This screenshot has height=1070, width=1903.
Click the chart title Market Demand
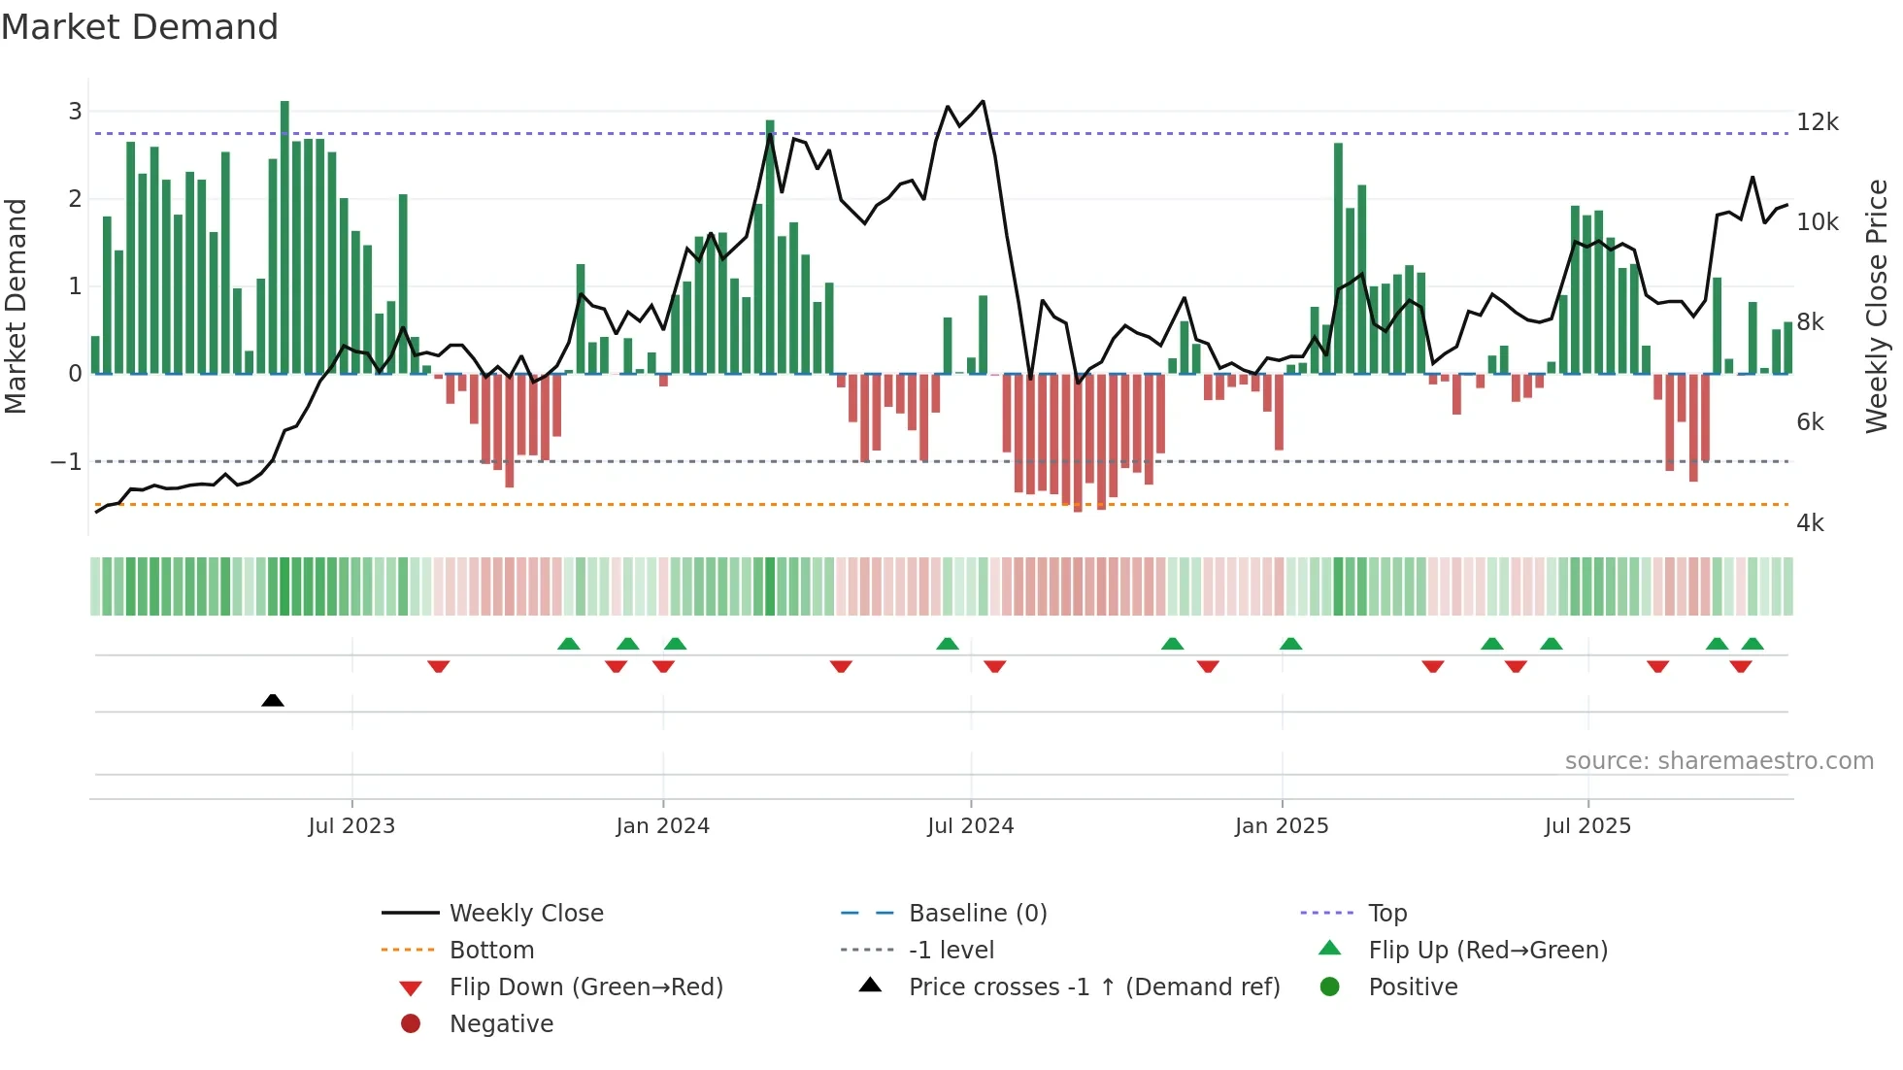140,27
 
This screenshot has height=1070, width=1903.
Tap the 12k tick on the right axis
1817,122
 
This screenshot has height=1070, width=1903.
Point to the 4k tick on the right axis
1810,523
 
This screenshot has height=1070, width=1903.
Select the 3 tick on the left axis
75,112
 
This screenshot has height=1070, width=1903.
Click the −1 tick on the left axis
67,462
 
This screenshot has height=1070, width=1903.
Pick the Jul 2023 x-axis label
351,826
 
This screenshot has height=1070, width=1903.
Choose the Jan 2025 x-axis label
1281,826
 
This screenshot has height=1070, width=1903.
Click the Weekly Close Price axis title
1877,306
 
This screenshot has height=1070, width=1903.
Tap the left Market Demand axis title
17,306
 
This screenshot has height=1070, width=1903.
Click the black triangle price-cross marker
273,700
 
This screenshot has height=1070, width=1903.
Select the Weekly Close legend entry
525,914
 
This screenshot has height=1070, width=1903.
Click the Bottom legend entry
491,951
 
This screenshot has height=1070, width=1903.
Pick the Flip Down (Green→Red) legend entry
585,987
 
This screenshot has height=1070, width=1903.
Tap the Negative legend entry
501,1024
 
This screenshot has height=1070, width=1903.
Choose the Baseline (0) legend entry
977,914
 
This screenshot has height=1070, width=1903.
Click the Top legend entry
1386,914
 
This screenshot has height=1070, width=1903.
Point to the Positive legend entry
1412,987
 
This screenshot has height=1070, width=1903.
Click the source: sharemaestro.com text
1719,761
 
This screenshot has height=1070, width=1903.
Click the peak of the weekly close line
983,102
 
